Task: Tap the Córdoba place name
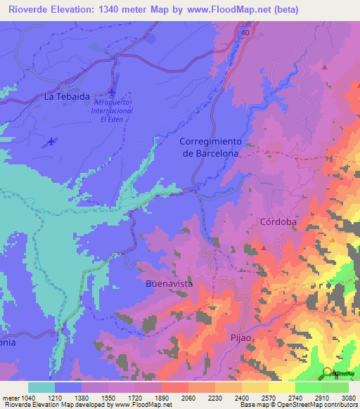pos(279,221)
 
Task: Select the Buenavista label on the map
pos(169,284)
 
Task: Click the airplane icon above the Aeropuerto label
pos(113,92)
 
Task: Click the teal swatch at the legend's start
pos(41,387)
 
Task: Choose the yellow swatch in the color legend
pos(281,387)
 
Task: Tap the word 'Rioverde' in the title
pos(26,10)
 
